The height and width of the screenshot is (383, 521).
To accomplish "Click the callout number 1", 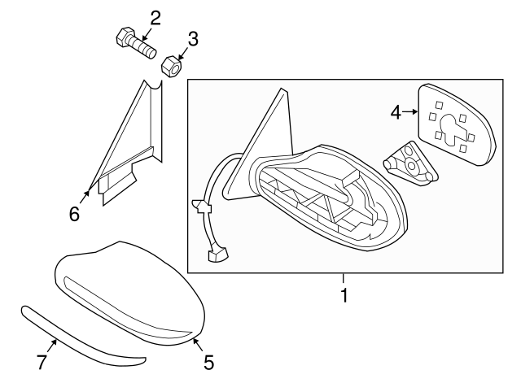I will coord(344,296).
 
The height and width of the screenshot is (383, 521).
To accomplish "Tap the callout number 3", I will coord(193,38).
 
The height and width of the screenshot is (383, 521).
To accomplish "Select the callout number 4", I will coord(395,112).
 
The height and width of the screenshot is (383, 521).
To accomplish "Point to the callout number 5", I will coord(208,363).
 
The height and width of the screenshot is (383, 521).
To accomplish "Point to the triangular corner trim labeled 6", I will coord(130,146).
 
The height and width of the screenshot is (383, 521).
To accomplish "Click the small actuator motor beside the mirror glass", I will coord(411,163).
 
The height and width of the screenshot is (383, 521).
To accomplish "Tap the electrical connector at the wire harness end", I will coord(216,257).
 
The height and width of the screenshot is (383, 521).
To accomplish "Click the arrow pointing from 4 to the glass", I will coord(410,113).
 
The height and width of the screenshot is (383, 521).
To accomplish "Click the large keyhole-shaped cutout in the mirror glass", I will coord(449,129).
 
